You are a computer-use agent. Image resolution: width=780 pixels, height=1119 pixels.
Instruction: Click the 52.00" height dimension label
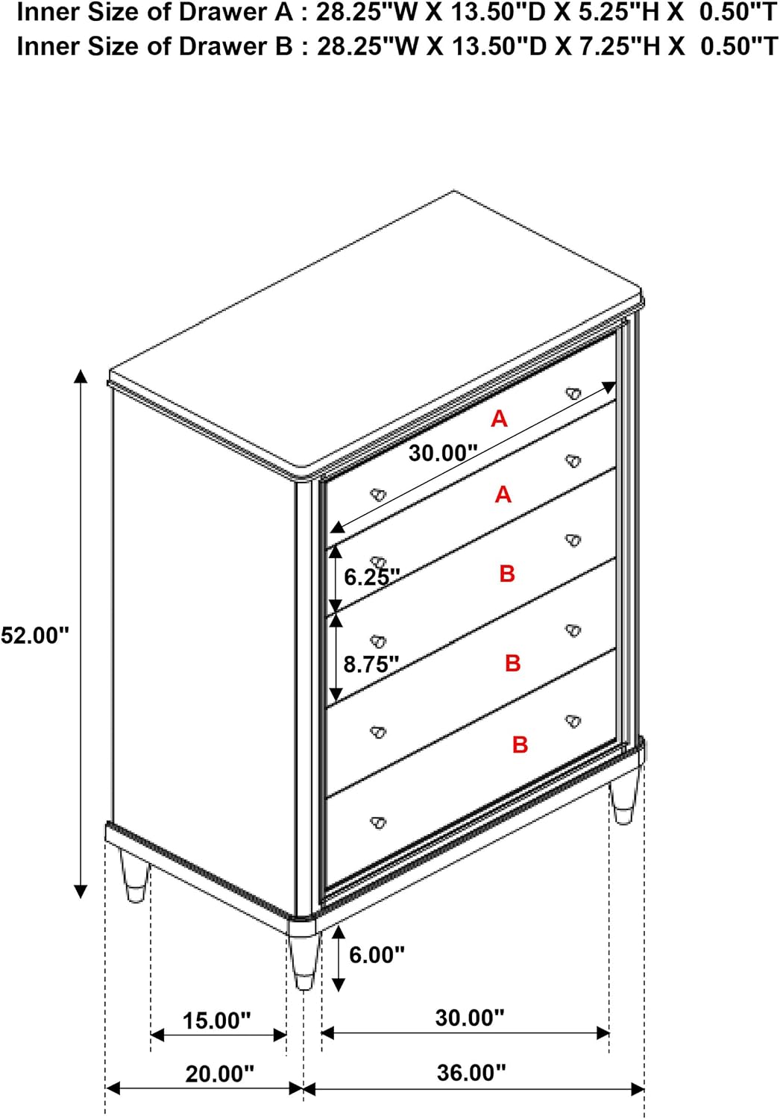(x=34, y=636)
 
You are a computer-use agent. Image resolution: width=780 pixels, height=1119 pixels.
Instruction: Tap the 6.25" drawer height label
(x=372, y=577)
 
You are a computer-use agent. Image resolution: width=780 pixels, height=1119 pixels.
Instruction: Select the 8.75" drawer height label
(x=371, y=665)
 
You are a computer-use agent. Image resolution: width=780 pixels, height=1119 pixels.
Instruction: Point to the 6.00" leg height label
(x=377, y=955)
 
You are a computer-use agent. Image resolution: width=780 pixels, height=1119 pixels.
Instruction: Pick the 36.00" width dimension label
(x=471, y=1072)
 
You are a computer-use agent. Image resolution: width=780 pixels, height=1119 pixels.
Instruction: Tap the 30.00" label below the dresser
(x=470, y=1017)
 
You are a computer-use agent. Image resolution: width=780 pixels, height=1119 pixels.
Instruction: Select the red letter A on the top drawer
(x=500, y=419)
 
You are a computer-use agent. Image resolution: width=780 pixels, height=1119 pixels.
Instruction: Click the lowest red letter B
(x=520, y=745)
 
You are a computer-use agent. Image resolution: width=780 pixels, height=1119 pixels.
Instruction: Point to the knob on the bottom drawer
(x=378, y=822)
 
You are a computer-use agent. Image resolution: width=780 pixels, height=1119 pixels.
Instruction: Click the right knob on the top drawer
(x=573, y=393)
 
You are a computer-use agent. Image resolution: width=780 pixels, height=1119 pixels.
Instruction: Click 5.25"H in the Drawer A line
(x=614, y=13)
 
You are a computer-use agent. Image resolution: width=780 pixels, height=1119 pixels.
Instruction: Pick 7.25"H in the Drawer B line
(x=615, y=46)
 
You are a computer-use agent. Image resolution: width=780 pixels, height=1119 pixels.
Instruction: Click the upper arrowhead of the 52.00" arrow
(x=81, y=376)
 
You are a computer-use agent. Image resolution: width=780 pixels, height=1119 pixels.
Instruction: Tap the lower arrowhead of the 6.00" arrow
(x=339, y=984)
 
